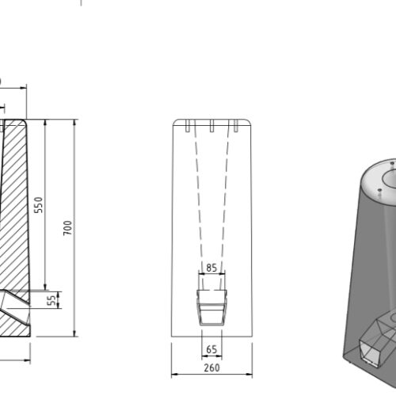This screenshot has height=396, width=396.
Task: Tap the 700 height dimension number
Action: point(69,227)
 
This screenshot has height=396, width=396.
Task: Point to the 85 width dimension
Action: point(210,268)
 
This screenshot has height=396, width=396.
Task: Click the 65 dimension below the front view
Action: point(211,348)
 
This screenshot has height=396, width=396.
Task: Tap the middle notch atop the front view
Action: point(212,125)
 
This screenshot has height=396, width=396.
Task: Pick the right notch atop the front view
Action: point(234,125)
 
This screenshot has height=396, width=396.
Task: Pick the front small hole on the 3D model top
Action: point(381,190)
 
